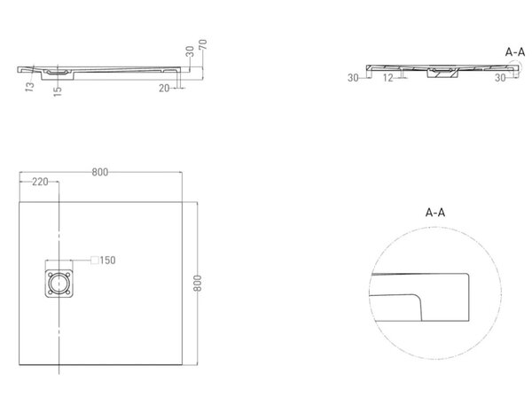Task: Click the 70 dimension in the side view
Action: [203, 44]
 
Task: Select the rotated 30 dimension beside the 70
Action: [190, 51]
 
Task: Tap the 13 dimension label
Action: [30, 87]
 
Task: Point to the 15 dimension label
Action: [58, 91]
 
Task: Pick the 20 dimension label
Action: [164, 89]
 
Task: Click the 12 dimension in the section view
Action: [387, 78]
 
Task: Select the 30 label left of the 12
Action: [353, 78]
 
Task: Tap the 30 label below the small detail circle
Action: [500, 78]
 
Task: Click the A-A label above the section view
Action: [515, 52]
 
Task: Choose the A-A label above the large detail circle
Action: [435, 213]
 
